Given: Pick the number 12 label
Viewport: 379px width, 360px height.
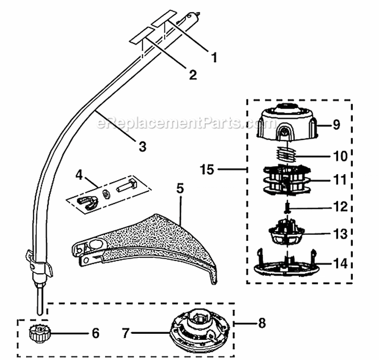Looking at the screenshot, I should point(340,207).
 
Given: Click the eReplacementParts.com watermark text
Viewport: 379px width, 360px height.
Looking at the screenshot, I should point(177,122).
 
